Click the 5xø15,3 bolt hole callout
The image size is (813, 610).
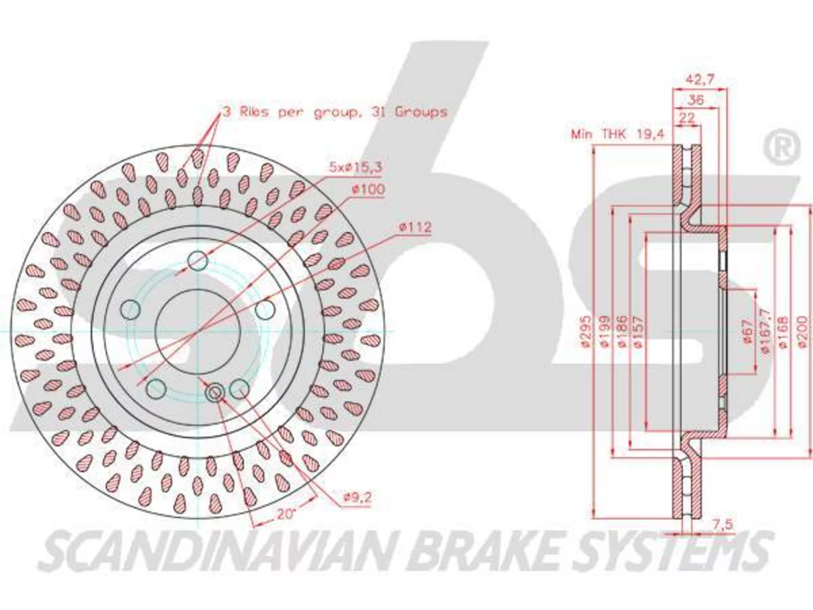click(356, 168)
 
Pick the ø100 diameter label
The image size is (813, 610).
click(368, 189)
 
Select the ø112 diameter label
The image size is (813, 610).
click(415, 227)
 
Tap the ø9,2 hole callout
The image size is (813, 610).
click(358, 498)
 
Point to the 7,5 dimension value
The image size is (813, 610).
click(722, 524)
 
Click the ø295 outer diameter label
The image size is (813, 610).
click(586, 332)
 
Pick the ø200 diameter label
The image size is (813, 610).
click(802, 332)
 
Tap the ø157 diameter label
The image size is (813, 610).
click(638, 332)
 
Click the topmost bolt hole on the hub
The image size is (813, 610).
click(198, 261)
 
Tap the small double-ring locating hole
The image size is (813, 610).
click(215, 392)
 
